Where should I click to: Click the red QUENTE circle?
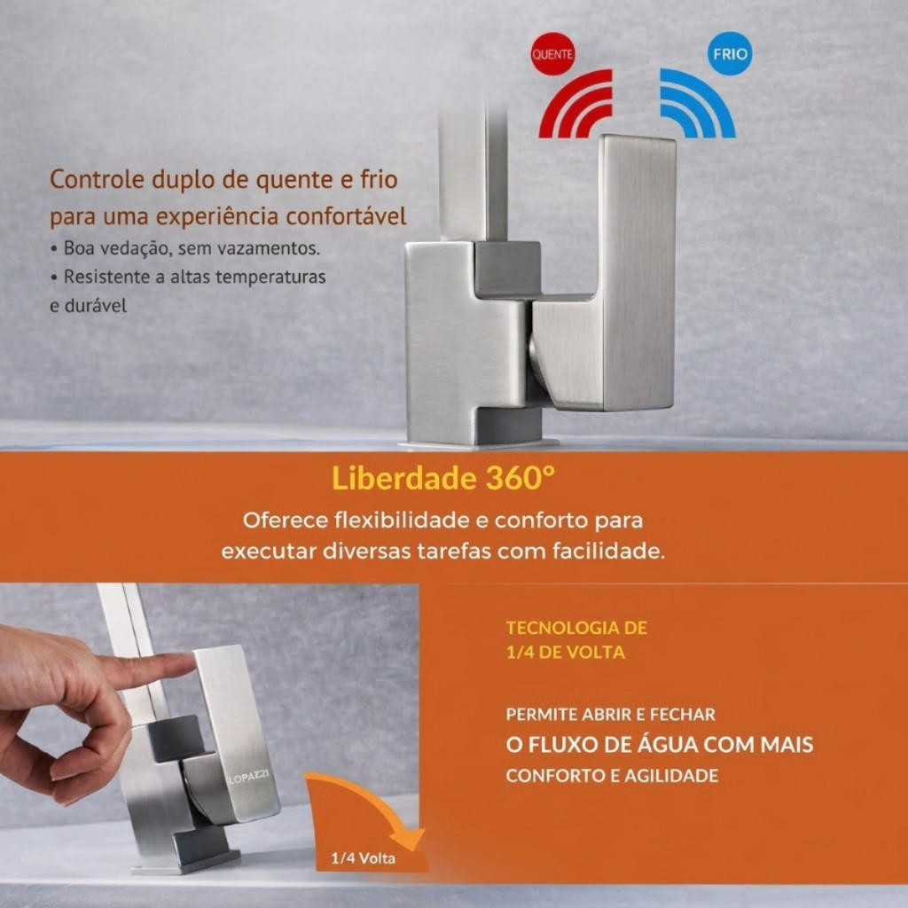click(x=552, y=54)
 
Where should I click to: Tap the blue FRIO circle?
click(x=730, y=53)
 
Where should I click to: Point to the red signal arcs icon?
click(x=576, y=105)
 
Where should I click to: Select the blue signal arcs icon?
click(x=698, y=105)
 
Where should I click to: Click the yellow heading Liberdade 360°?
click(x=443, y=478)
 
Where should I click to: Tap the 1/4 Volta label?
click(x=363, y=857)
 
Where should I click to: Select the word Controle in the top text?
click(x=98, y=179)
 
